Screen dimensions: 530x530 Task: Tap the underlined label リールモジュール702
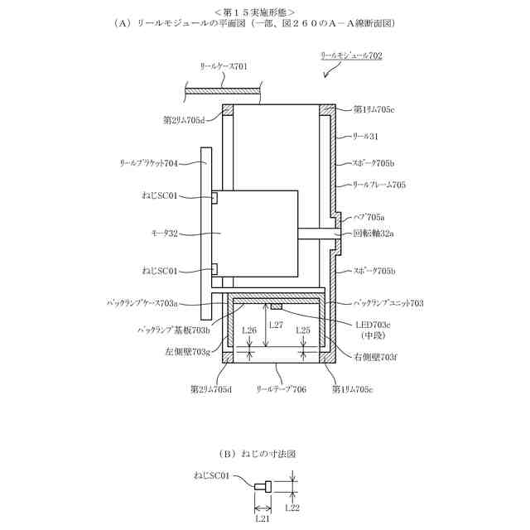pos(351,56)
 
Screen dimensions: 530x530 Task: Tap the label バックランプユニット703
pos(388,304)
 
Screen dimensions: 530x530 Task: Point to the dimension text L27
pos(277,324)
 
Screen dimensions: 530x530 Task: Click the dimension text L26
pos(248,330)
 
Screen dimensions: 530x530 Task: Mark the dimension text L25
pos(303,330)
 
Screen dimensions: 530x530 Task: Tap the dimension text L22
pos(291,507)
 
